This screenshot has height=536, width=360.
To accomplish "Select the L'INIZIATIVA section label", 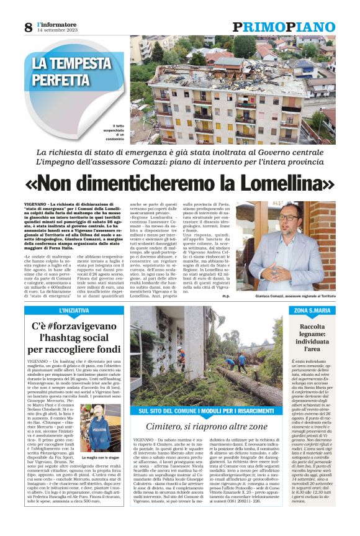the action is pos(73,310).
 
